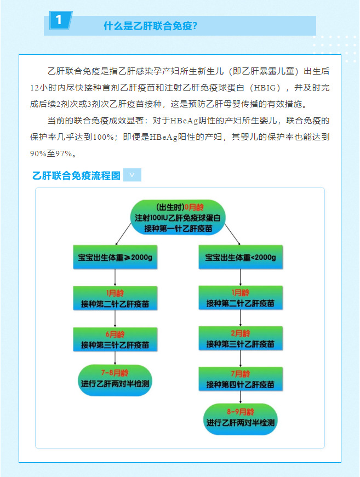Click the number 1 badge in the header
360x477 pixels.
click(60, 20)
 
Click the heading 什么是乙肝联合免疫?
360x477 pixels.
click(151, 26)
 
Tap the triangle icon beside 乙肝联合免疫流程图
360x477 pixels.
click(132, 175)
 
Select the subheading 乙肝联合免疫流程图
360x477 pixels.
click(76, 175)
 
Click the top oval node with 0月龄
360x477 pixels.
click(178, 218)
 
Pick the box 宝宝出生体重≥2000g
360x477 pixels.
click(115, 257)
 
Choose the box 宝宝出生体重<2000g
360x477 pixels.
click(241, 257)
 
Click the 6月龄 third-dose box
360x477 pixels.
click(115, 339)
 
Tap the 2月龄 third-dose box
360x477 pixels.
click(241, 338)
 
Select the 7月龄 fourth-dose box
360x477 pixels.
click(241, 379)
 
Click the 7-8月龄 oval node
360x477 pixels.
click(115, 381)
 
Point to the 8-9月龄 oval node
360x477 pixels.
click(241, 419)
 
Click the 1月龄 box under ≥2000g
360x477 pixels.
click(115, 298)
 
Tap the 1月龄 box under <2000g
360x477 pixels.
click(241, 298)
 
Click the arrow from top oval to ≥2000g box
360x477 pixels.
click(123, 234)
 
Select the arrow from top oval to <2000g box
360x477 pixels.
click(232, 234)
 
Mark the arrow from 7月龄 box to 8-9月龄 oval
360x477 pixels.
click(241, 397)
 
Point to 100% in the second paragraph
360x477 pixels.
click(104, 137)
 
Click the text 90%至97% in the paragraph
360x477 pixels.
click(51, 154)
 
